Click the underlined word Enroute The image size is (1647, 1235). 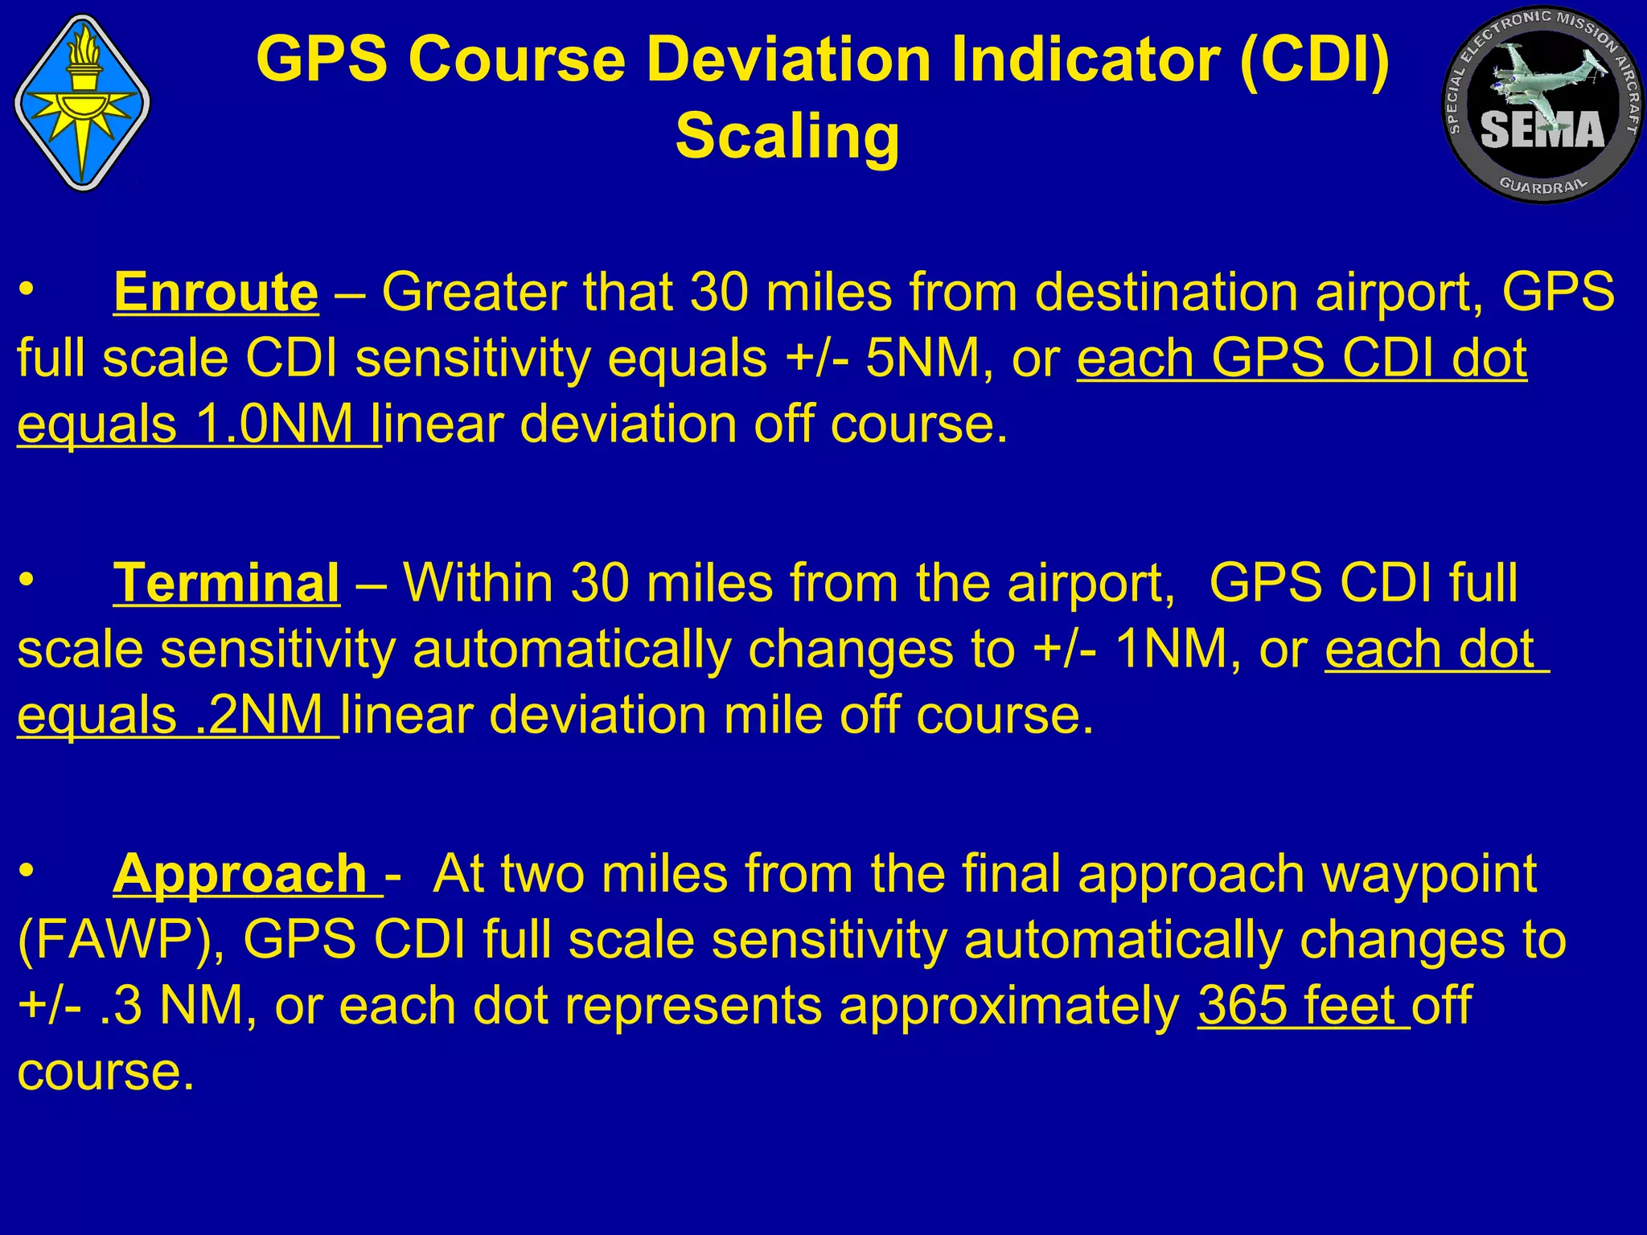[x=216, y=292]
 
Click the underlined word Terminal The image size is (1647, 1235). [x=226, y=583]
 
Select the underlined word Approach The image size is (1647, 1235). [x=240, y=874]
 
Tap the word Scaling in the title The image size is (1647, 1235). [x=787, y=136]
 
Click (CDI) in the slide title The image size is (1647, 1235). [x=1315, y=60]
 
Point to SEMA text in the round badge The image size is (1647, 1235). [x=1542, y=131]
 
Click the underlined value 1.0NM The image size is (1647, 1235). [x=273, y=424]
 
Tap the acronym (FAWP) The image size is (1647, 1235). [x=120, y=940]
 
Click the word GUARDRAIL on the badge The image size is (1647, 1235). [x=1543, y=185]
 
